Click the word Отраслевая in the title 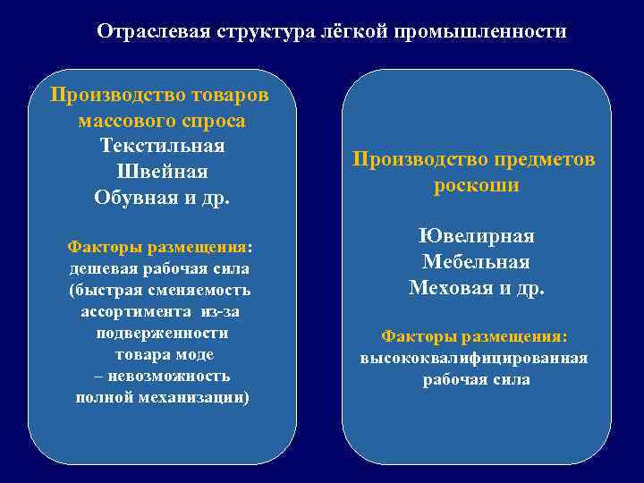[x=152, y=31]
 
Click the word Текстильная [x=162, y=145]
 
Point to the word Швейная [x=162, y=171]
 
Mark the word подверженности [x=162, y=333]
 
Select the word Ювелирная [x=476, y=236]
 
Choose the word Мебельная [x=476, y=262]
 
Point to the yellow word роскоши [x=476, y=185]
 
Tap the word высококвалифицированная [x=474, y=358]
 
